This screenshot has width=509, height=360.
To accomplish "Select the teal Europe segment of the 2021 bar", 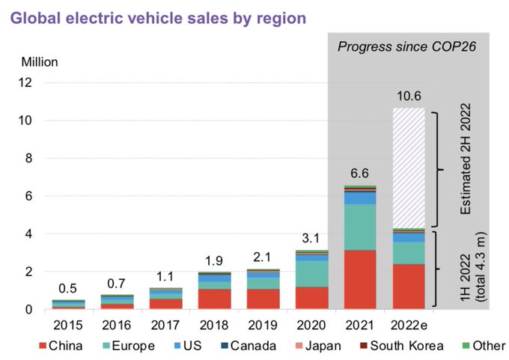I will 360,227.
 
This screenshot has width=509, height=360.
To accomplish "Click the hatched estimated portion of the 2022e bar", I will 409,168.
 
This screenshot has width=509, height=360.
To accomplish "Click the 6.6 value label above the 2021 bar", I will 360,174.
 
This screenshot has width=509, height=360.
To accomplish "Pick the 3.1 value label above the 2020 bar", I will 311,239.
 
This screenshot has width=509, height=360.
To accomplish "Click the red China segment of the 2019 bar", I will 263,299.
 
